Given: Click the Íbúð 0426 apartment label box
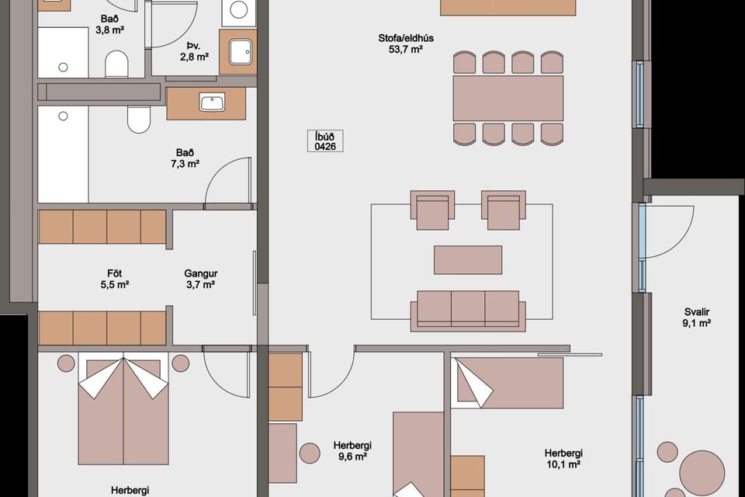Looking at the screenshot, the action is (325, 142).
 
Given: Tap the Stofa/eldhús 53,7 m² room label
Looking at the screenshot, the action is (406, 43).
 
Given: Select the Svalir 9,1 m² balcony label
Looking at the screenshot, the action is (697, 318).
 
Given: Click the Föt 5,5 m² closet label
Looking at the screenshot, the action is (115, 280).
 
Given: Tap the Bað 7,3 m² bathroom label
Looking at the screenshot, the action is (185, 158).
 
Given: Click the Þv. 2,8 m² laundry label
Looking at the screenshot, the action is (194, 51).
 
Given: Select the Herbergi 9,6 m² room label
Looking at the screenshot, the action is (352, 451).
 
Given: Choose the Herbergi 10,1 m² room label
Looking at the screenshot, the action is (563, 458).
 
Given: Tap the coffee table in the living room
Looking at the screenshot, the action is (468, 259).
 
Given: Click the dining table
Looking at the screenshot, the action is (508, 99).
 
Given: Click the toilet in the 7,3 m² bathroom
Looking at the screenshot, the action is (139, 120).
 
